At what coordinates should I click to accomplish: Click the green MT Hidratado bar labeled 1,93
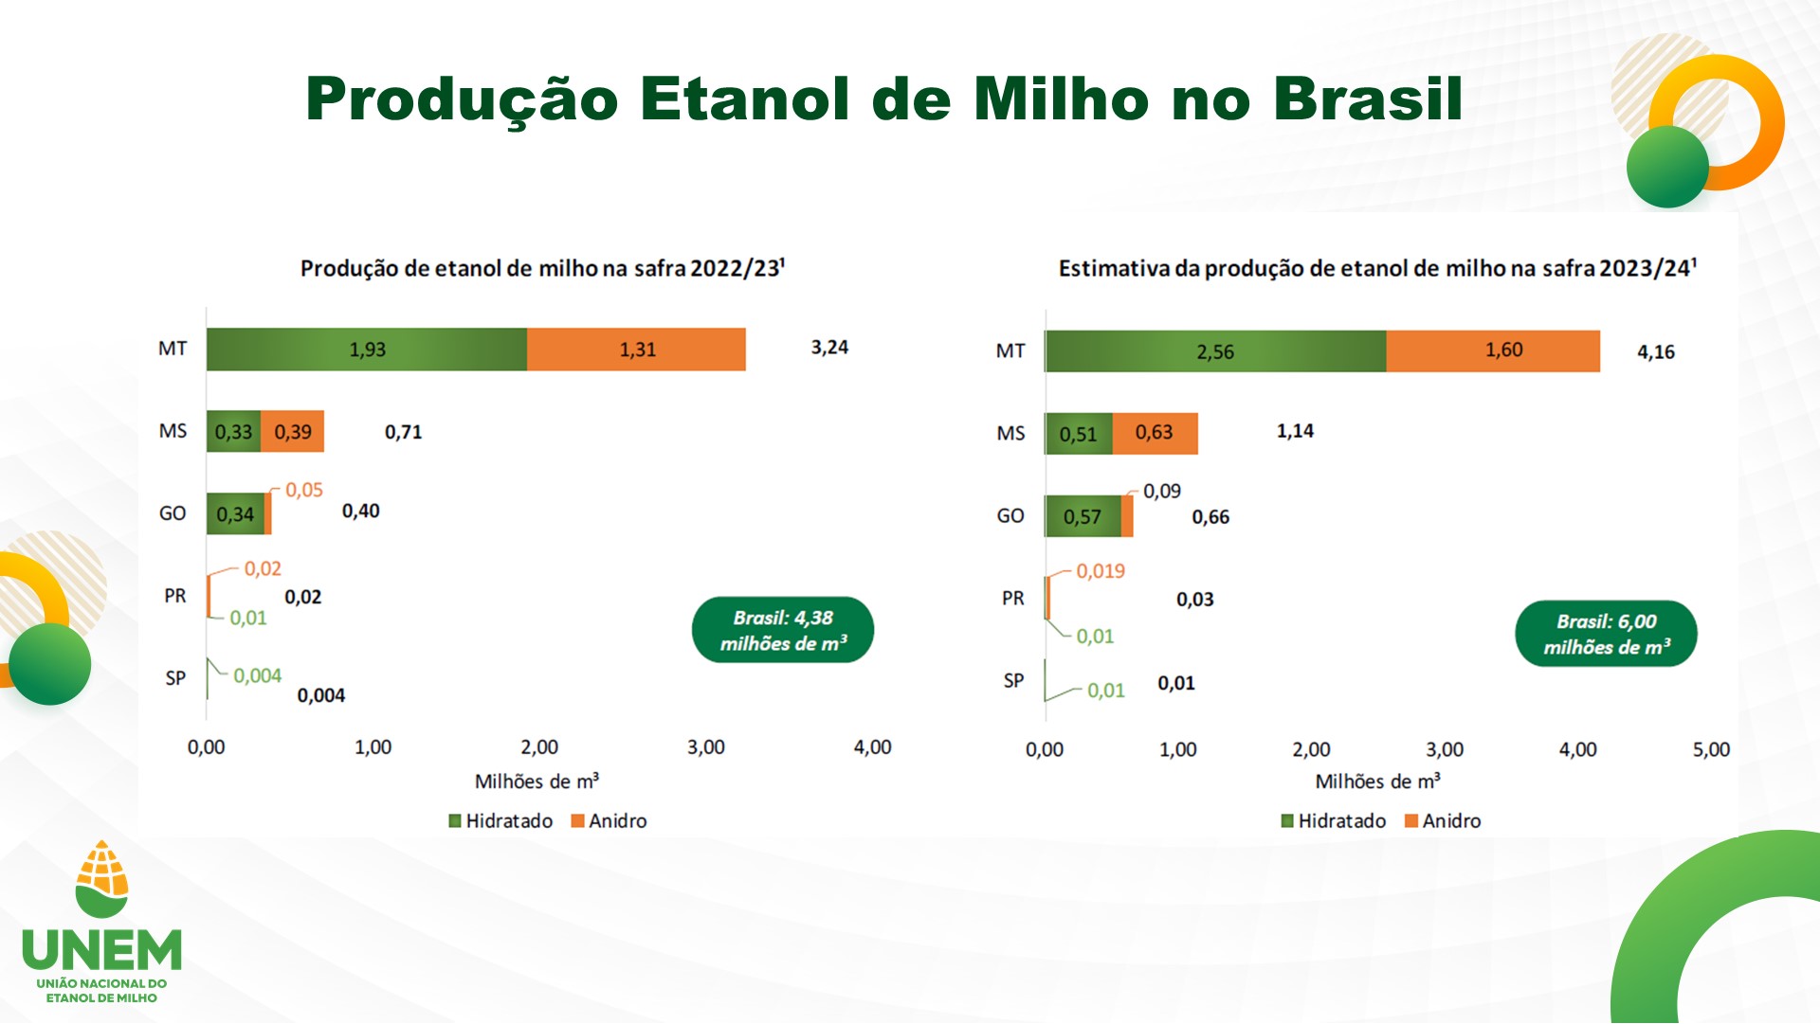coord(367,350)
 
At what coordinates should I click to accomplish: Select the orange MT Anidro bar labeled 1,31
coord(636,350)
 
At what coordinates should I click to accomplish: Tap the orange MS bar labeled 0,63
coord(1155,434)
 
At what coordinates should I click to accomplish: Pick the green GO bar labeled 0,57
coord(1083,516)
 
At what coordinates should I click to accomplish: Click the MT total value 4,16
coord(1656,352)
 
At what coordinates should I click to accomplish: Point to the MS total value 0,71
coord(403,433)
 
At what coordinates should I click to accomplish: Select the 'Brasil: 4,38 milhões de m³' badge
coord(783,630)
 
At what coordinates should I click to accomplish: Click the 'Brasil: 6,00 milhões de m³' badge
coord(1606,634)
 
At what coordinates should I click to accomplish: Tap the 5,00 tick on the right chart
coord(1711,749)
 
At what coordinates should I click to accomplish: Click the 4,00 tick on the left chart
coord(872,747)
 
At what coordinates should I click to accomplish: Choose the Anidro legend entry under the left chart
coord(609,821)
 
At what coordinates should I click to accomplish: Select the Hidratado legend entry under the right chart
coord(1334,821)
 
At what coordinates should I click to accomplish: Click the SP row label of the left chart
coord(175,678)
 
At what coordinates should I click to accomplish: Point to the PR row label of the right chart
coord(1013,599)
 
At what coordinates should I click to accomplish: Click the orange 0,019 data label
coord(1101,571)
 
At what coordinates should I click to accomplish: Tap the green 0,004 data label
coord(258,676)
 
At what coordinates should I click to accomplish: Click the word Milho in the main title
coord(1062,99)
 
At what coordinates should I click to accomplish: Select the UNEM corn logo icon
coord(102,879)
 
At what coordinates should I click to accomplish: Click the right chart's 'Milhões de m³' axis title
coord(1377,781)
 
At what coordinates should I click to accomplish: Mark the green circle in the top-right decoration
coord(1667,167)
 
